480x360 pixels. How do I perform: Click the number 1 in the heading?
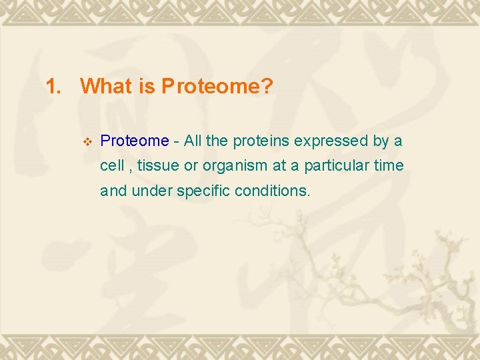pyautogui.click(x=51, y=87)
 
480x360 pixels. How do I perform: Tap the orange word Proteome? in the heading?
pyautogui.click(x=217, y=87)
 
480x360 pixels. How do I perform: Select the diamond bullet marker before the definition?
pyautogui.click(x=85, y=141)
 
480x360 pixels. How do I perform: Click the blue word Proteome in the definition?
pyautogui.click(x=134, y=141)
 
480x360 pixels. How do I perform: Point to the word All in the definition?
pyautogui.click(x=193, y=141)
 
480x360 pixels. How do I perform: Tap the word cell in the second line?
pyautogui.click(x=111, y=165)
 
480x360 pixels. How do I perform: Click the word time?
pyautogui.click(x=389, y=165)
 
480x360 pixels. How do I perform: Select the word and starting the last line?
pyautogui.click(x=114, y=191)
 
